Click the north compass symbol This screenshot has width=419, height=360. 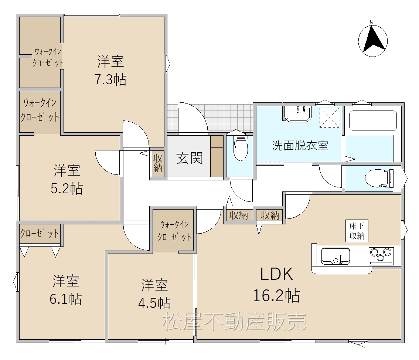click(x=372, y=40)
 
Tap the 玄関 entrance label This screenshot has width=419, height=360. click(x=190, y=158)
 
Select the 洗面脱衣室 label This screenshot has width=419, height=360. click(x=300, y=146)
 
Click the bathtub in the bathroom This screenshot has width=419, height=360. click(x=373, y=120)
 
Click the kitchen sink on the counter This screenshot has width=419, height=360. click(x=335, y=256)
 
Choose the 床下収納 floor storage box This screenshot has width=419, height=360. click(x=357, y=231)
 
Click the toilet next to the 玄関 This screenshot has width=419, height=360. click(x=240, y=148)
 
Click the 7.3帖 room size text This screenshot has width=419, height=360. click(x=110, y=79)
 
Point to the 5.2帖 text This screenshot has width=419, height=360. click(x=67, y=189)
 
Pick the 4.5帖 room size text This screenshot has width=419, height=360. click(x=154, y=303)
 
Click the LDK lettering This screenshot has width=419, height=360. click(x=277, y=274)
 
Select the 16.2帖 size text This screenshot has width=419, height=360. click(x=276, y=295)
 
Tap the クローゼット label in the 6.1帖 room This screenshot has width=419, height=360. click(x=40, y=233)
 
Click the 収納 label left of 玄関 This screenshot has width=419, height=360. click(x=158, y=163)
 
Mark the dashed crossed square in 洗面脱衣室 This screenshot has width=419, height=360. click(x=329, y=118)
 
